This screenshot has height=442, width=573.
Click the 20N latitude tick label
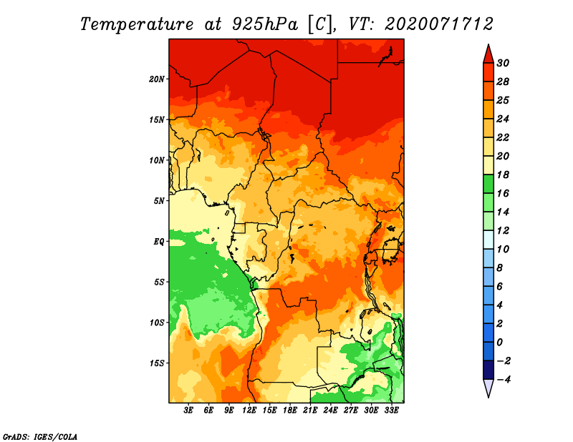tap(156, 79)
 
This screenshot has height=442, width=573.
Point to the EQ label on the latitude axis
tap(158, 242)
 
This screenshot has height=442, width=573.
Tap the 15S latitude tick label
tap(156, 363)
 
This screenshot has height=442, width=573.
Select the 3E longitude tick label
tap(188, 410)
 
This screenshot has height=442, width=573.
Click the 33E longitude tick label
tap(391, 410)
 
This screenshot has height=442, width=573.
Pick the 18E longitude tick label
tap(290, 410)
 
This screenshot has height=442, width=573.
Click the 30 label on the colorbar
tap(503, 63)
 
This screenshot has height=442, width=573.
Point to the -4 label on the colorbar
tap(504, 380)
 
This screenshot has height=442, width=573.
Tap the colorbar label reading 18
tap(503, 175)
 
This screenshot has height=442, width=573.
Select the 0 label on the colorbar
tap(499, 343)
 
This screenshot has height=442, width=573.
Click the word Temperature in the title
tap(137, 24)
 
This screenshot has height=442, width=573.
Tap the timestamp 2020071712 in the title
tap(439, 24)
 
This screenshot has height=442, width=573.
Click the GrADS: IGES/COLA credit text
tap(40, 437)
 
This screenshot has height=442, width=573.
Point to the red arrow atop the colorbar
tap(488, 54)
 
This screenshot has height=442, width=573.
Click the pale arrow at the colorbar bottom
tap(488, 388)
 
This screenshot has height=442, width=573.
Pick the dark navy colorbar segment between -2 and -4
tap(488, 370)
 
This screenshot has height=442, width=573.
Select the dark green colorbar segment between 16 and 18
tap(488, 184)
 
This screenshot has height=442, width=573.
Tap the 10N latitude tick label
tap(156, 160)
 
